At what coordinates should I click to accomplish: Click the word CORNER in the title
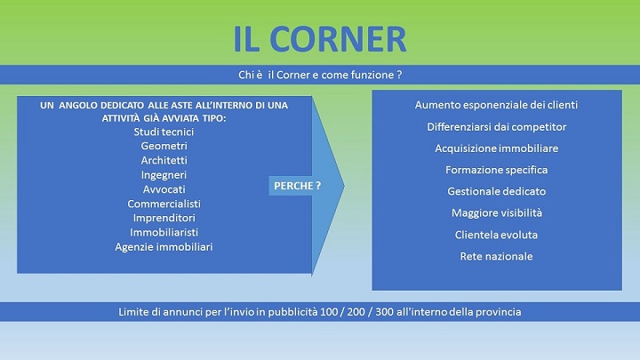[338, 39]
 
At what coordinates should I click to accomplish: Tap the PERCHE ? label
[297, 186]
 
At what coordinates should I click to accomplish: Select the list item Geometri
[164, 146]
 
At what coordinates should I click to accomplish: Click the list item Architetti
[164, 160]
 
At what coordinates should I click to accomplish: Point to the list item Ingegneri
[164, 175]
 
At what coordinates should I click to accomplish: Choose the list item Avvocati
[164, 189]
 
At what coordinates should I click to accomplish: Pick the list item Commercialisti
[164, 204]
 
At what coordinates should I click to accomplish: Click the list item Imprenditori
[164, 218]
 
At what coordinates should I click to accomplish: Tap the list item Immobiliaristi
[164, 232]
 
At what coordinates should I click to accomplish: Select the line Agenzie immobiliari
[164, 247]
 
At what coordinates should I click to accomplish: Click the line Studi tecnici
[164, 132]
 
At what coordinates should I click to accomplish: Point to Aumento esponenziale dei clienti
[496, 105]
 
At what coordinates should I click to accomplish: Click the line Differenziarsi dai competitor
[497, 127]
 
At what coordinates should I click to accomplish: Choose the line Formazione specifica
[497, 170]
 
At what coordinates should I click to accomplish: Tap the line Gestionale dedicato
[497, 191]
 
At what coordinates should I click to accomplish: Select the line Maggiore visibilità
[497, 213]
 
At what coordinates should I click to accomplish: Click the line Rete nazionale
[496, 256]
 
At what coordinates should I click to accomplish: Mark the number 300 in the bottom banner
[384, 312]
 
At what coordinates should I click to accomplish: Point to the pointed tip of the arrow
[345, 186]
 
